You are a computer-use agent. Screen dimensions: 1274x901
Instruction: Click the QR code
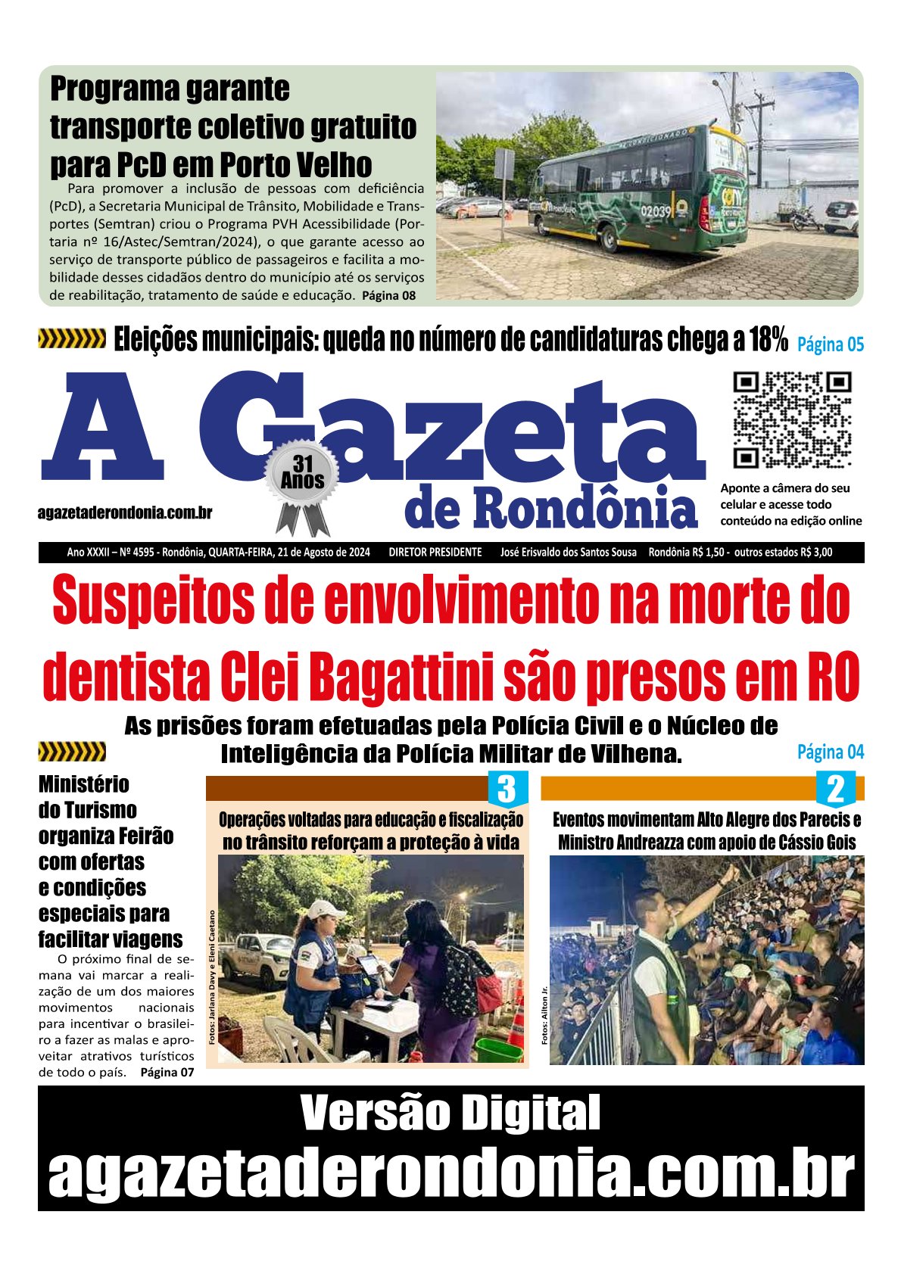(x=792, y=419)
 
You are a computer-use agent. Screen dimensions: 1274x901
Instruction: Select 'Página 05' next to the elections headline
(x=830, y=344)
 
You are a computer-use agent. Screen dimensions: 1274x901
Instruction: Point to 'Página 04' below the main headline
(x=830, y=752)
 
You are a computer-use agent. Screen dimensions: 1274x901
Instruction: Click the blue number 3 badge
(x=506, y=790)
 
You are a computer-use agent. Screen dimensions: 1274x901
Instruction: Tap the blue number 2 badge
(x=835, y=790)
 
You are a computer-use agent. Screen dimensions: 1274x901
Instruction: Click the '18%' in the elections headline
(x=768, y=341)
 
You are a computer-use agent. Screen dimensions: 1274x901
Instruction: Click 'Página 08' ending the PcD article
(x=388, y=295)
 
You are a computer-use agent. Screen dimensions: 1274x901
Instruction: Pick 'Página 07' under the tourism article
(x=167, y=1072)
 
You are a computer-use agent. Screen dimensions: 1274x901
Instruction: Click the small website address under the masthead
(x=125, y=512)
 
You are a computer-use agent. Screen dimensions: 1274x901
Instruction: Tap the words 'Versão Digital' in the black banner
(x=450, y=1113)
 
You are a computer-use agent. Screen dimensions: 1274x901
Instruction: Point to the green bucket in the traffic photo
(x=498, y=1048)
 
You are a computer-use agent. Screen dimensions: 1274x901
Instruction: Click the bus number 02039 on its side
(x=656, y=211)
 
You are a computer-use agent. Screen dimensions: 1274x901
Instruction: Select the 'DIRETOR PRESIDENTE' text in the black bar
(x=435, y=553)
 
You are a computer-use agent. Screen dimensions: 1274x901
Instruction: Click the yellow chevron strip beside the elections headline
(x=72, y=339)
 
